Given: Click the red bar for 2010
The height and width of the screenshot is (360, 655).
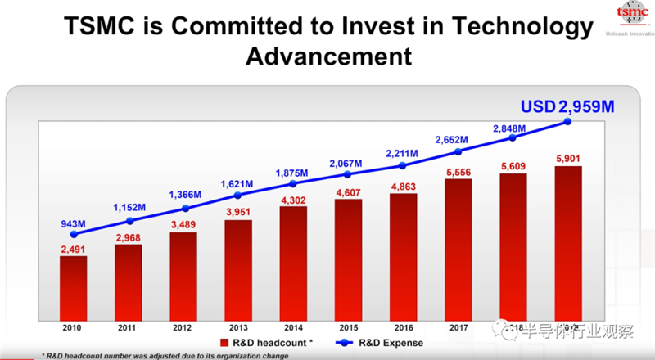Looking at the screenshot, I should [73, 286].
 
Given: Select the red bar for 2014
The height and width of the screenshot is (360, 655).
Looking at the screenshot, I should [293, 262].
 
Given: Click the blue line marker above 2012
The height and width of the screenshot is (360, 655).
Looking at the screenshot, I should [183, 208].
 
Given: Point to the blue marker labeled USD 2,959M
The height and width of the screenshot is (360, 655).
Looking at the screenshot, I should [568, 122].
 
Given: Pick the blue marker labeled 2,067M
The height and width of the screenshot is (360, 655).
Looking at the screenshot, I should [348, 173].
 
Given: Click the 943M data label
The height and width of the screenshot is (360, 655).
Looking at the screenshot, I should [74, 223].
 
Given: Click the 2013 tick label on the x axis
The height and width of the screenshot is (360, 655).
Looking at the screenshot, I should [238, 326].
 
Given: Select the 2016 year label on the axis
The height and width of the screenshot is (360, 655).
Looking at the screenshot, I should [403, 326].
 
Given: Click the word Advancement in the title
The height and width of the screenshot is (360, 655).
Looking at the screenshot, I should [327, 57].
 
